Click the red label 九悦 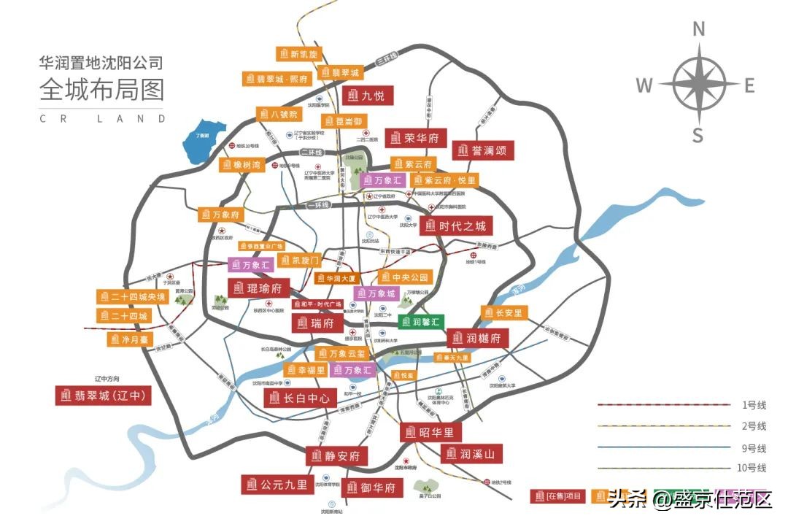pos(368,95)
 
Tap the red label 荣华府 pos(414,137)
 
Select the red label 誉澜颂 pos(483,150)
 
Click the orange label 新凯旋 pos(298,54)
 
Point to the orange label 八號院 pos(278,115)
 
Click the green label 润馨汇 pos(421,321)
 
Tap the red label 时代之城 pos(456,226)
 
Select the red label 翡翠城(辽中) pos(103,396)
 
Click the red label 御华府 pos(371,488)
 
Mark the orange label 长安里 pos(504,312)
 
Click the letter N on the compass pos(698,29)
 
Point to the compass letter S pos(698,135)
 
